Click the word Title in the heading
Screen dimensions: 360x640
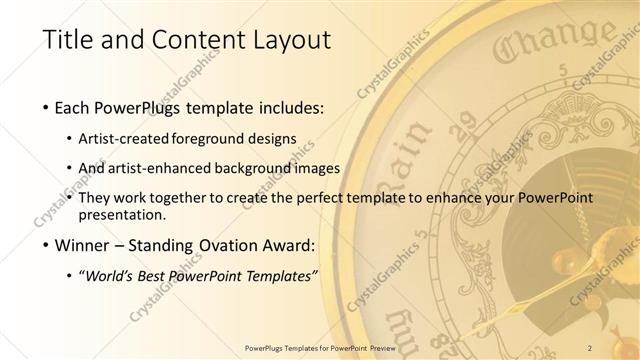[68, 40]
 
